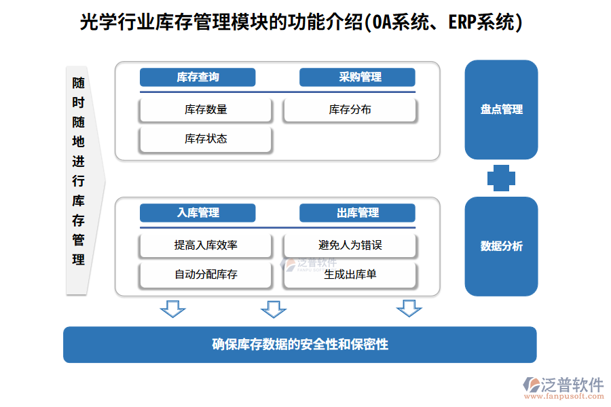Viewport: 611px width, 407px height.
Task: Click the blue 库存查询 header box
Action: click(x=198, y=77)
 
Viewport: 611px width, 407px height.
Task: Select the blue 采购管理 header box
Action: click(x=357, y=77)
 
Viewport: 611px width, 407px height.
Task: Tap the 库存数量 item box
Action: click(x=206, y=110)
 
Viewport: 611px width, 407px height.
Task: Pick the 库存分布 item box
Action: click(x=350, y=110)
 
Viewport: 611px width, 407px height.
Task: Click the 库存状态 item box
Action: click(x=206, y=139)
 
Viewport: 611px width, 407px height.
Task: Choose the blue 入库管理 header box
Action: click(x=198, y=213)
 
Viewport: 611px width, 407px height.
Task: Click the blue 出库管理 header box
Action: click(x=357, y=213)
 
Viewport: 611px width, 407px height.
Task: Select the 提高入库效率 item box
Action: click(x=206, y=246)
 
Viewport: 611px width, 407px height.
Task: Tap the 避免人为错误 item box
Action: click(x=350, y=246)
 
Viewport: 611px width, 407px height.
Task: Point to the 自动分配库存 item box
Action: click(x=206, y=275)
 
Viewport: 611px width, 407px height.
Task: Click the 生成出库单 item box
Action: click(x=350, y=275)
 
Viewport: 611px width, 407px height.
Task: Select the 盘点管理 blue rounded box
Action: click(x=501, y=109)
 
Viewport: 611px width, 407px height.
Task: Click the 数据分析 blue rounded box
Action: click(x=501, y=246)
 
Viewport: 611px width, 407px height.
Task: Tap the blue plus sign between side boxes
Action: click(x=501, y=178)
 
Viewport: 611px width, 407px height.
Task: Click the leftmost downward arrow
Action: click(x=172, y=309)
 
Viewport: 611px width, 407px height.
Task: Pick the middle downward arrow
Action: click(x=274, y=309)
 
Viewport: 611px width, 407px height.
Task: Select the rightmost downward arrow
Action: click(x=409, y=309)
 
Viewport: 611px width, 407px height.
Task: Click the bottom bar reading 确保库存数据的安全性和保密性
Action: click(x=299, y=345)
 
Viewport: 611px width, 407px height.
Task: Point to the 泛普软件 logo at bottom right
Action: click(x=563, y=387)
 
